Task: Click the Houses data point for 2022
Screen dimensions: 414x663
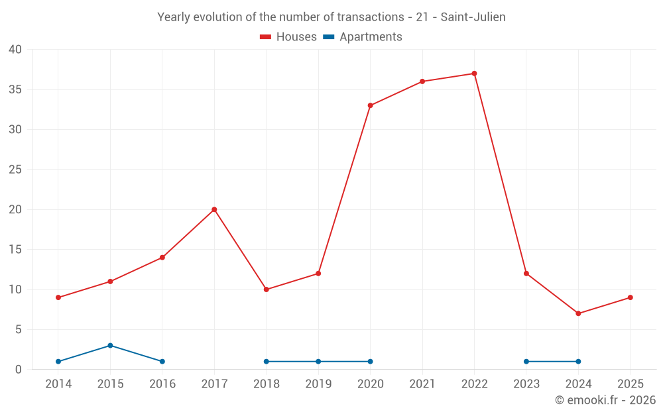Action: pos(474,74)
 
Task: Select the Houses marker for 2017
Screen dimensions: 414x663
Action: pos(214,209)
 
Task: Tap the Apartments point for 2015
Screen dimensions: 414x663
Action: pos(110,345)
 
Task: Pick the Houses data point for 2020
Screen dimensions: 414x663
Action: pos(370,105)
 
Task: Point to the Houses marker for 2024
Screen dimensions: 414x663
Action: pos(578,313)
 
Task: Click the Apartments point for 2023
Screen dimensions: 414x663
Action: pos(526,362)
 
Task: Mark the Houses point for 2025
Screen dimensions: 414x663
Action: pos(630,297)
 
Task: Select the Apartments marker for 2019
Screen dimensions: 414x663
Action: pos(318,362)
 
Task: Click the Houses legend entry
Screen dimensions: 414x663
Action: pos(288,37)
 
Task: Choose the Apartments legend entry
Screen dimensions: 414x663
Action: pos(363,37)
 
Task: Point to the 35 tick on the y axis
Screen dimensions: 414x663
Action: pos(15,89)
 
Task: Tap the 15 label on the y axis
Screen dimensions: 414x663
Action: pos(15,250)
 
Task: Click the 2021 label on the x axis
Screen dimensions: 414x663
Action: pos(422,384)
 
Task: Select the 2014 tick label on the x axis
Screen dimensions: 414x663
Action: pos(58,384)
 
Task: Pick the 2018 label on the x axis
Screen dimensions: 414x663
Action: pos(267,384)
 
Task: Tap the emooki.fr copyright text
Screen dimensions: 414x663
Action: pos(605,400)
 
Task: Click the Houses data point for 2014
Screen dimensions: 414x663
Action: pos(58,297)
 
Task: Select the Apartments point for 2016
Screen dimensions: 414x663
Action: pos(162,362)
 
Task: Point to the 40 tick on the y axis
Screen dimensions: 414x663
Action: pos(15,50)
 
